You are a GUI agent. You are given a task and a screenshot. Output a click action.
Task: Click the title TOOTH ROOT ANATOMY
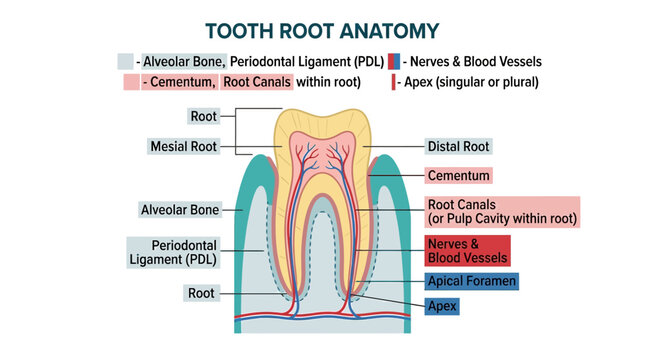tap(322, 31)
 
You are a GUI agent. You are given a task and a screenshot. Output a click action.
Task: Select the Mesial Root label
tap(183, 146)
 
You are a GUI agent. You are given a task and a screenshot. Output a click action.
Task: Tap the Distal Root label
tap(458, 146)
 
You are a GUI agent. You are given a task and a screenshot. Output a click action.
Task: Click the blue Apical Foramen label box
tap(471, 281)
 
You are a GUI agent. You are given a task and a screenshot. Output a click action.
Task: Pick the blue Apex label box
tap(442, 306)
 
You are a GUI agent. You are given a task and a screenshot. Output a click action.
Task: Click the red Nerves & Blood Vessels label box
tap(467, 251)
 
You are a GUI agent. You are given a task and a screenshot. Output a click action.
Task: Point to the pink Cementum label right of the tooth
tap(458, 176)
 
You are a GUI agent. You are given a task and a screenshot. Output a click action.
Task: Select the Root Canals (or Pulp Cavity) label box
tap(502, 211)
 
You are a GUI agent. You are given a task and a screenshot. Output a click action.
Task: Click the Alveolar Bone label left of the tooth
tap(180, 210)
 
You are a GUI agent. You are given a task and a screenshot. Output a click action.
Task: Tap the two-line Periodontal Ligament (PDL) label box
tap(173, 252)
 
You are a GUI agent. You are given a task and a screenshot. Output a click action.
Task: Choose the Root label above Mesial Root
tap(203, 116)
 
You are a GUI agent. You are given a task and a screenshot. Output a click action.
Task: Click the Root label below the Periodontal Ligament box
tap(201, 293)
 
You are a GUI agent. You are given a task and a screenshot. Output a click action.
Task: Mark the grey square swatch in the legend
tap(125, 61)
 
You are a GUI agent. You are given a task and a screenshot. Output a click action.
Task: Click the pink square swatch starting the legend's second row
tap(132, 82)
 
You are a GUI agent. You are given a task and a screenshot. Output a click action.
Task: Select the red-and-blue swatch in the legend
tap(394, 61)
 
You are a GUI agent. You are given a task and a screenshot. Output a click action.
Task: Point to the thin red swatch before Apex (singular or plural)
tap(393, 82)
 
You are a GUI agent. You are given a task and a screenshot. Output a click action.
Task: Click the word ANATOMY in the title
tap(390, 31)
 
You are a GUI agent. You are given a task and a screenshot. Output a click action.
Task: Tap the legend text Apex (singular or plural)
tap(471, 82)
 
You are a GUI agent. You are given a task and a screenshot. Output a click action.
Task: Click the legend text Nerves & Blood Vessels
tap(476, 61)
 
